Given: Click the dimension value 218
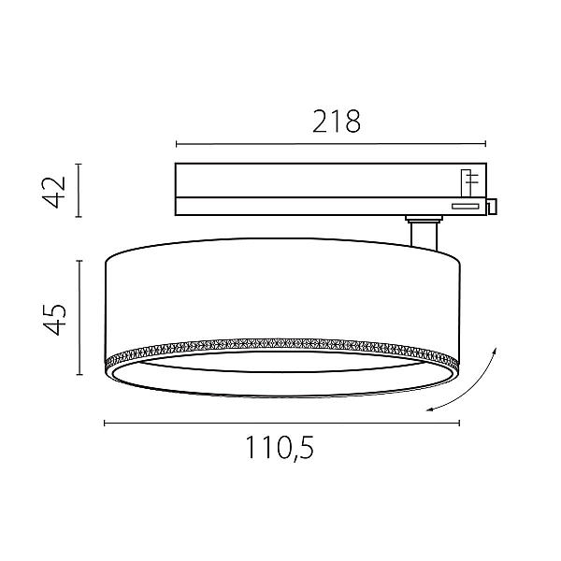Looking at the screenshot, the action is pos(337,122).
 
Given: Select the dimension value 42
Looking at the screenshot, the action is pos(54,192).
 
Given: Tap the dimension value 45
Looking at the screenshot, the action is pos(54,320).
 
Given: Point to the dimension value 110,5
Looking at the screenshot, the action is pos(280,448).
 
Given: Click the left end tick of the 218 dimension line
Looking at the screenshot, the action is pos(177,144).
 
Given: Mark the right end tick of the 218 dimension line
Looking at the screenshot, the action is pos(485,144).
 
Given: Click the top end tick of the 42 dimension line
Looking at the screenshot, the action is pos(79,165).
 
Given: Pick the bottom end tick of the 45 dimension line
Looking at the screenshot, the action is pos(79,375).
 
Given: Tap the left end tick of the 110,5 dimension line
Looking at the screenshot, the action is pos(104,424).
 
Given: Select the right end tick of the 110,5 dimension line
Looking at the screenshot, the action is pos(459,424).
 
